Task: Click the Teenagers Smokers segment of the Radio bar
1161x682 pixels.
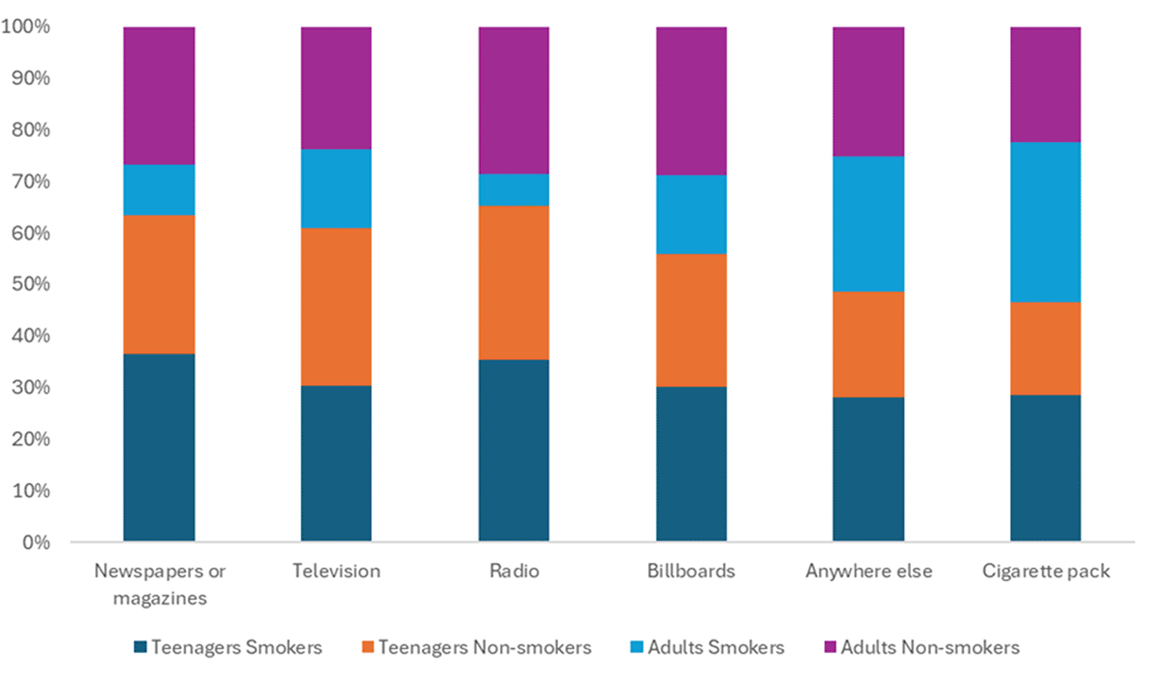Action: point(514,450)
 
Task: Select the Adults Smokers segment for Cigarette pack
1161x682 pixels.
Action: point(1045,222)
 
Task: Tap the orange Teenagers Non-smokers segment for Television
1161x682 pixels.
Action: point(336,306)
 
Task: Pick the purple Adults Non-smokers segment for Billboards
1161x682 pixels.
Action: point(691,100)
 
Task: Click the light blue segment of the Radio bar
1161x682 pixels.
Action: point(514,190)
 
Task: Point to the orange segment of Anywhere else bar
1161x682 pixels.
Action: point(868,344)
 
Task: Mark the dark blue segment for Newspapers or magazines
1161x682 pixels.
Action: point(159,447)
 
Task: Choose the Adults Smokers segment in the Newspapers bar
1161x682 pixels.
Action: point(159,190)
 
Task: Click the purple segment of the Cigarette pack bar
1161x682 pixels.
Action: point(1045,84)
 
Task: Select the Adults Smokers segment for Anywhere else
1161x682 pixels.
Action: point(868,223)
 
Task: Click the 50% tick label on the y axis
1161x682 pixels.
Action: point(31,284)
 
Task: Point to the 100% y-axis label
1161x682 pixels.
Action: point(26,27)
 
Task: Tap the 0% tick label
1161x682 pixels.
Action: point(36,542)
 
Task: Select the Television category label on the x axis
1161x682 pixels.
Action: point(336,571)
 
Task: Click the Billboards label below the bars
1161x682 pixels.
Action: point(691,571)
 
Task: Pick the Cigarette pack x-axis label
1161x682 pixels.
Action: point(1046,571)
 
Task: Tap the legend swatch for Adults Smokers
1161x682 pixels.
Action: point(637,647)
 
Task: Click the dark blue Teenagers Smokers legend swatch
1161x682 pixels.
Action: point(140,647)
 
